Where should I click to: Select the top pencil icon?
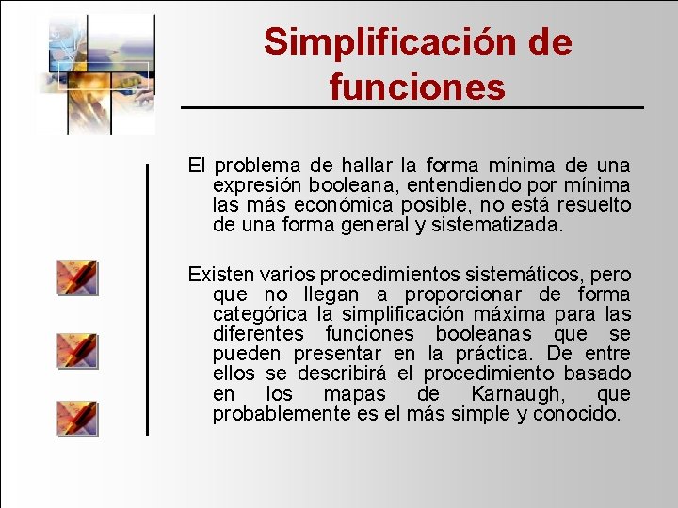pyautogui.click(x=77, y=278)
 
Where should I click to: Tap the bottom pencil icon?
pyautogui.click(x=77, y=418)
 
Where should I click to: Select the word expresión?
pyautogui.click(x=251, y=186)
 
